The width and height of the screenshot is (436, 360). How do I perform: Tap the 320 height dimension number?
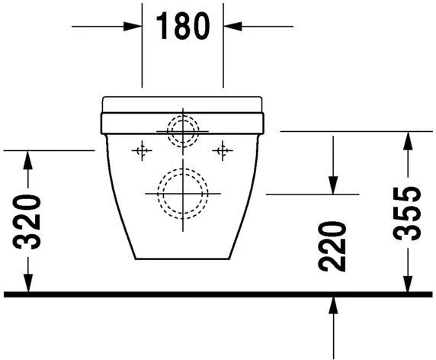pos(28,222)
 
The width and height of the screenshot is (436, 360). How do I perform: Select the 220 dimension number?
pos(334,247)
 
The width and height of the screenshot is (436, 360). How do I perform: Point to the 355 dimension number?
pos(410,213)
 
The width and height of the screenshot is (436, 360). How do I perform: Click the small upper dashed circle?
pos(182,130)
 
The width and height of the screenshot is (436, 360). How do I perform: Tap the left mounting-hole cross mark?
pos(139,150)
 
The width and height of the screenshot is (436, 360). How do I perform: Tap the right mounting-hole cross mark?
pos(223,150)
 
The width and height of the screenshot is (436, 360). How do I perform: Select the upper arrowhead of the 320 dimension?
pos(28,159)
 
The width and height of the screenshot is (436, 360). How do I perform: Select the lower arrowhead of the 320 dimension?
pos(28,283)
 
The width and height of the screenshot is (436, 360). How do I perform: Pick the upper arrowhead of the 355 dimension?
pos(410,140)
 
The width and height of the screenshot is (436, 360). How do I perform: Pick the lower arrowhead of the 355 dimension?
pos(410,283)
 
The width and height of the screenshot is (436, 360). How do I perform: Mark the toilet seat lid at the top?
pos(182,104)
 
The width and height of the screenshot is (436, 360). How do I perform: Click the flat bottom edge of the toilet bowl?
pos(182,258)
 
